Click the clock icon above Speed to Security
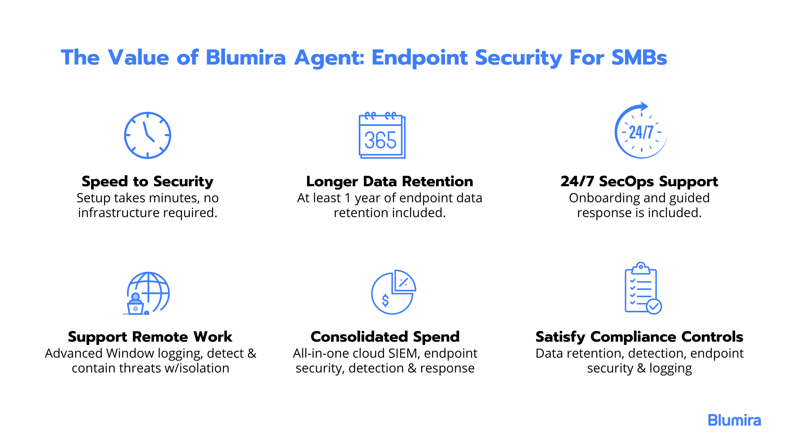[148, 135]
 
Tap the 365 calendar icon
[382, 135]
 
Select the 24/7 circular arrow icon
[641, 130]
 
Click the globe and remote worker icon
[147, 293]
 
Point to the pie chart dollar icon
[393, 292]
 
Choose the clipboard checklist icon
[643, 288]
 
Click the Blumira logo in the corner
[734, 420]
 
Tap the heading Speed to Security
[148, 181]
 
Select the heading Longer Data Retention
[390, 181]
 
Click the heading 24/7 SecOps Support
[639, 181]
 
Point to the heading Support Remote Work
[150, 337]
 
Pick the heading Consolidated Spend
[385, 337]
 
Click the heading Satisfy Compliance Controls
[639, 337]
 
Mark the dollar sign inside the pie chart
[385, 301]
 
